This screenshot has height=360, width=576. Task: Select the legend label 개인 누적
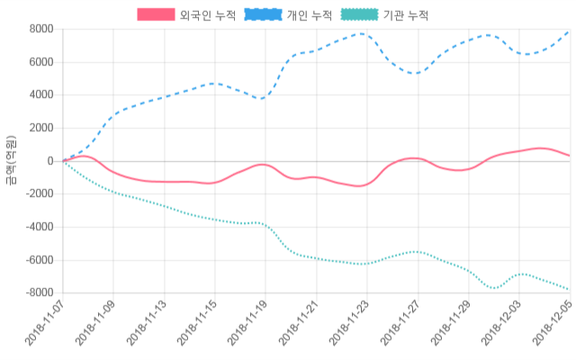pyautogui.click(x=309, y=15)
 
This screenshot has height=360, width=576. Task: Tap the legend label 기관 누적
pyautogui.click(x=405, y=15)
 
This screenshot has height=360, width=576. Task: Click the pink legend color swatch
pyautogui.click(x=156, y=15)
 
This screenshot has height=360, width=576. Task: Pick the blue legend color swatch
pyautogui.click(x=263, y=15)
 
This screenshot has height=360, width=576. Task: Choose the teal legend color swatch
pyautogui.click(x=359, y=15)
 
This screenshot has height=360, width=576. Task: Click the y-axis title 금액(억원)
pyautogui.click(x=11, y=160)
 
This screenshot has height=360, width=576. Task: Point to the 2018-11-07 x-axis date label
pyautogui.click(x=45, y=324)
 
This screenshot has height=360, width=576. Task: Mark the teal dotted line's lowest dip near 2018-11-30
pyautogui.click(x=492, y=288)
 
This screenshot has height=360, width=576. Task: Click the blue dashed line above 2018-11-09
pyautogui.click(x=113, y=115)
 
